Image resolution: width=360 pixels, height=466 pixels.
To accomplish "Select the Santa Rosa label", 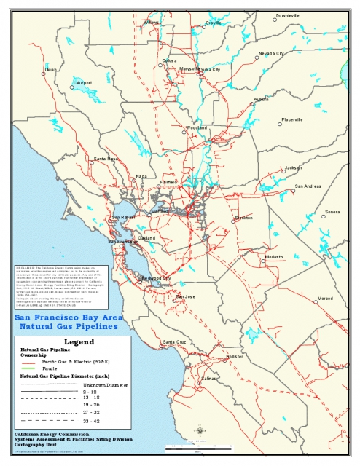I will pyautogui.click(x=106, y=159).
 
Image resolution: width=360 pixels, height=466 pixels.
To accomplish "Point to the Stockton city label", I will pyautogui.click(x=243, y=218).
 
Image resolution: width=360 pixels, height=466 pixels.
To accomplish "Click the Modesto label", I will pyautogui.click(x=274, y=257).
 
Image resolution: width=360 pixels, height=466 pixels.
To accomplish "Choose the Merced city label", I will pyautogui.click(x=324, y=299).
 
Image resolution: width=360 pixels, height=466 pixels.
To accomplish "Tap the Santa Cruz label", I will pyautogui.click(x=174, y=341).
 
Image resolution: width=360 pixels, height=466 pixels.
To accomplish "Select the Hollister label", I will pyautogui.click(x=235, y=357).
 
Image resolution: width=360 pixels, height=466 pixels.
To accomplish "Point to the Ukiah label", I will pyautogui.click(x=50, y=70).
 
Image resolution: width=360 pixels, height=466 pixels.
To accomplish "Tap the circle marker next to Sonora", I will pyautogui.click(x=324, y=216).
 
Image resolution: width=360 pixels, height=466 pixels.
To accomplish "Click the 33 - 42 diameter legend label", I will pyautogui.click(x=91, y=421).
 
